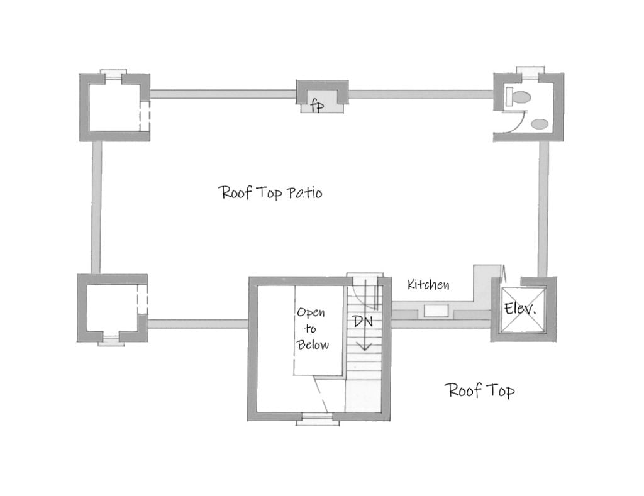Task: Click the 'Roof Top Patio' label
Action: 270,192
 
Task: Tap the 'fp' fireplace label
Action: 318,106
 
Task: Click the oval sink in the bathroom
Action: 539,124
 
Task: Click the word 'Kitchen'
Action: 428,285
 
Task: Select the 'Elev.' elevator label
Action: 519,309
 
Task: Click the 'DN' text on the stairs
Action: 362,321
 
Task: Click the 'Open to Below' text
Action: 313,328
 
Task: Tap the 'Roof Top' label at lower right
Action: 480,390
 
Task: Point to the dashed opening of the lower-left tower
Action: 142,299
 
